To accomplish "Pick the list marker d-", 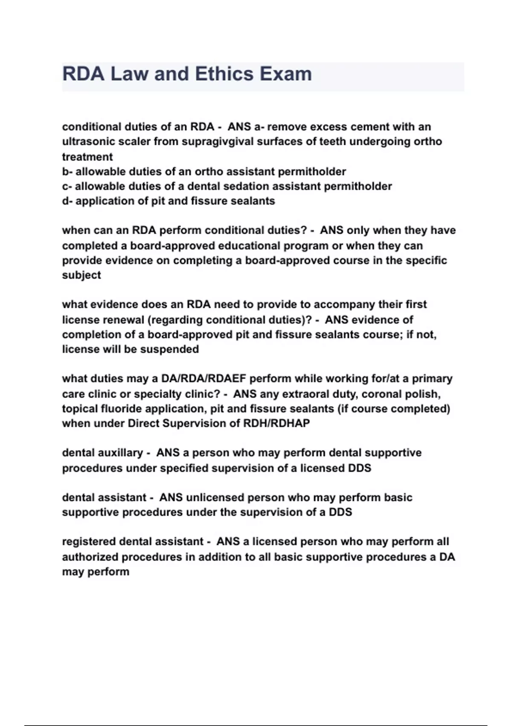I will (x=67, y=201).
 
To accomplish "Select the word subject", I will (x=81, y=275).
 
